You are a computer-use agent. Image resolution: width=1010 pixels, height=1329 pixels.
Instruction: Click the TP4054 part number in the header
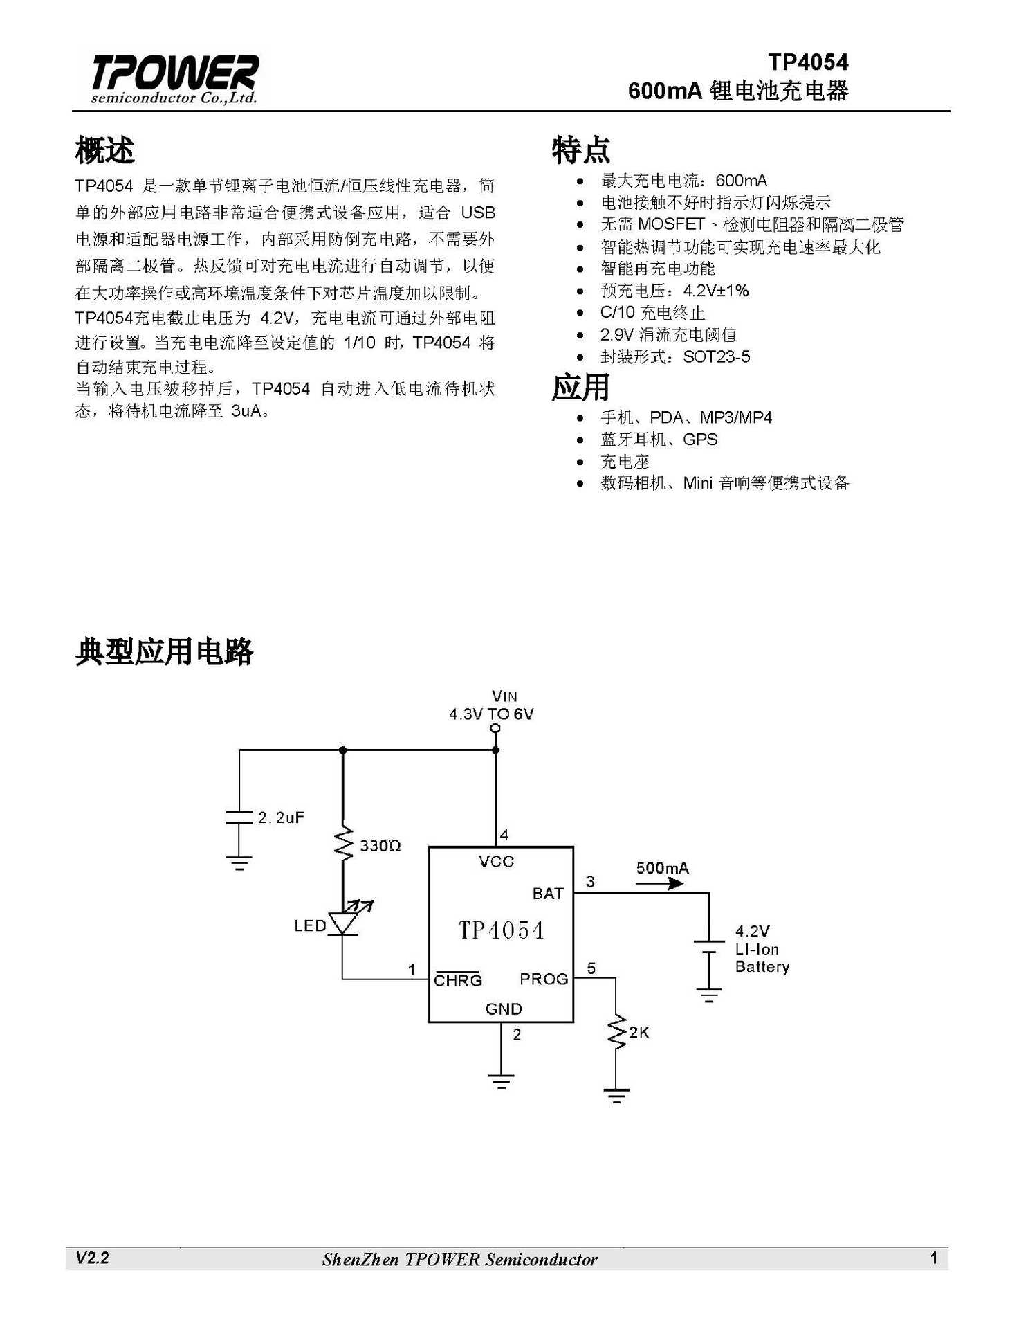808,62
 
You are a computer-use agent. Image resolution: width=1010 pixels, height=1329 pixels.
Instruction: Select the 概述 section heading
104,150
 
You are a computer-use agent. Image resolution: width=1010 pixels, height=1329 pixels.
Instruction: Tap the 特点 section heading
580,150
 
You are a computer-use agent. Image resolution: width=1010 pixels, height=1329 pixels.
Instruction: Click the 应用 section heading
580,387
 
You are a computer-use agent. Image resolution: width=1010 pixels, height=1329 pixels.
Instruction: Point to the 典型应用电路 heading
165,651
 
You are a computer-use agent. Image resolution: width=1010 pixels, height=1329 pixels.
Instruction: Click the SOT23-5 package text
716,357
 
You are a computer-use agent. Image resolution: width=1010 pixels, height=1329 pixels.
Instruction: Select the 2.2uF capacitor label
281,817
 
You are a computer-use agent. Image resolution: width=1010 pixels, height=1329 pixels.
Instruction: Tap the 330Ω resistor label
380,846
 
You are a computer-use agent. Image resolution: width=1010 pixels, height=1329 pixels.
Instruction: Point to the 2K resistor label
639,1033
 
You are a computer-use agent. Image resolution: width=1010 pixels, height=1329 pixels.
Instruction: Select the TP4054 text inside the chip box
502,930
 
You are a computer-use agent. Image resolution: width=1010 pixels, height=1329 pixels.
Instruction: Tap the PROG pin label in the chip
544,979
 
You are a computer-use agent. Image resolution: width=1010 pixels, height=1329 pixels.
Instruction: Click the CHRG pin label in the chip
457,980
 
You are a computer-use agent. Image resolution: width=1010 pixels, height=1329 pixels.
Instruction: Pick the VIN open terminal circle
495,728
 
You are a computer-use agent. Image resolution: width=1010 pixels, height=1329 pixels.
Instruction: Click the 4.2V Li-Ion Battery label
761,949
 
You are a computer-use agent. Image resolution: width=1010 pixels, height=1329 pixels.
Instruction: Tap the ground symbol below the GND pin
501,1081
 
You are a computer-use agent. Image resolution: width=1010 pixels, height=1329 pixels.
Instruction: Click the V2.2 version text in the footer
92,1258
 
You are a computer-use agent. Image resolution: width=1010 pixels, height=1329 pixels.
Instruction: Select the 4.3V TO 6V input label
491,714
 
